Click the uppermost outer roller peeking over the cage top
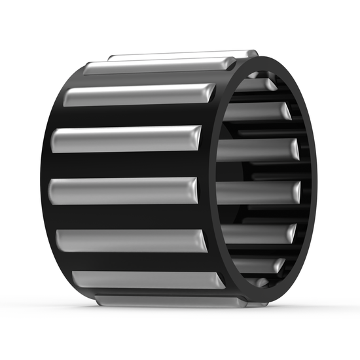(x=183, y=55)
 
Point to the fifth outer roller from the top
(x=124, y=190)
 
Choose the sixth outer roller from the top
(x=131, y=240)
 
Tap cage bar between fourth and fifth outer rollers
(x=124, y=165)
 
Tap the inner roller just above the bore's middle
(x=255, y=149)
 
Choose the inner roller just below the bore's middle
(x=255, y=192)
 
